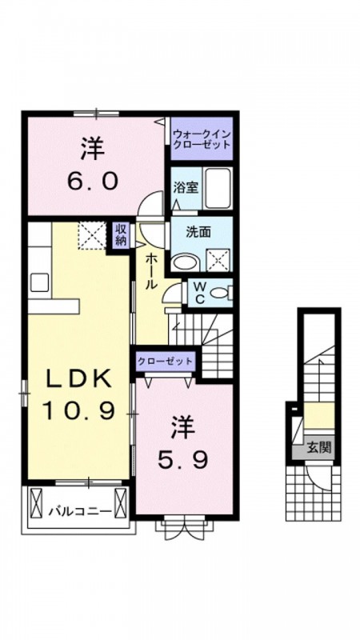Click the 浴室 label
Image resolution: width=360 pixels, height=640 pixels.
[186, 188]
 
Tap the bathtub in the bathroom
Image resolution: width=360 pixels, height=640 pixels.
[218, 188]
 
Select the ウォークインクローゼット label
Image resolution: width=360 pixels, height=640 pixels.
[202, 138]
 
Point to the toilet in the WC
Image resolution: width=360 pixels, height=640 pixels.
[222, 292]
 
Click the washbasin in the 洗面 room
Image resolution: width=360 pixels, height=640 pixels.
[185, 263]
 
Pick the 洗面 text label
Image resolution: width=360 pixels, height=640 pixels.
[198, 232]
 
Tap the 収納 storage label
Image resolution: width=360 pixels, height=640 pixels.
[121, 234]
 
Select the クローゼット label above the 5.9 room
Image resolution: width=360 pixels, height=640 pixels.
[165, 362]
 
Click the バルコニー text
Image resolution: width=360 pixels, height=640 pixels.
[81, 511]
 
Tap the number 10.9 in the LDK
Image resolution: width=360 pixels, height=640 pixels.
[78, 412]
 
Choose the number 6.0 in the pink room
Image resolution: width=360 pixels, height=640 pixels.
[93, 181]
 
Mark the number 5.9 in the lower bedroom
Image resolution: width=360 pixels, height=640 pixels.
[183, 460]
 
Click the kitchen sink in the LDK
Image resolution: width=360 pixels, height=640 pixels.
[39, 282]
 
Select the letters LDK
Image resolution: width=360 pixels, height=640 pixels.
[78, 378]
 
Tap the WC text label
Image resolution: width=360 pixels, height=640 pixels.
[199, 292]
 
